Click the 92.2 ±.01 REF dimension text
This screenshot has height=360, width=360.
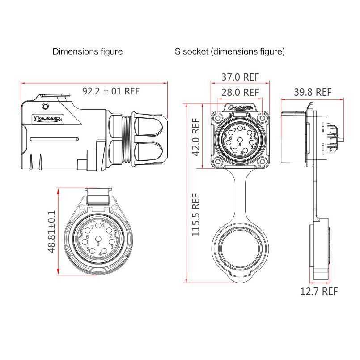point(111,91)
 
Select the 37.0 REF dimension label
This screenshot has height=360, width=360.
point(240,77)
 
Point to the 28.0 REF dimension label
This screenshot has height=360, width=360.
point(240,92)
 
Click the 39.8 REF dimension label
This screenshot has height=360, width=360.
point(313,92)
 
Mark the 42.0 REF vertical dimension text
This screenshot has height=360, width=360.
point(195,137)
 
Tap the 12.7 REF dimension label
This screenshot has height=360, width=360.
point(318,291)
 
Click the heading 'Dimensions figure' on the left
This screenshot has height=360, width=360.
point(87,51)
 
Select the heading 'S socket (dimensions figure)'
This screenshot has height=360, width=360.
point(229,51)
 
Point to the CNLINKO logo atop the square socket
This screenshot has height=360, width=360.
point(241,107)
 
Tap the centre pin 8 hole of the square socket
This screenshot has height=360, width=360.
point(241,141)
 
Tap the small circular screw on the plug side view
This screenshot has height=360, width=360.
point(45,107)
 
